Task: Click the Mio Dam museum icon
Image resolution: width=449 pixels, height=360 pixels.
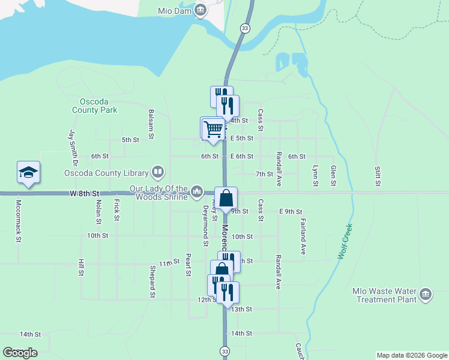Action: pos(200,10)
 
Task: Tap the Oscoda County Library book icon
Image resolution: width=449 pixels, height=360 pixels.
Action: pos(158,173)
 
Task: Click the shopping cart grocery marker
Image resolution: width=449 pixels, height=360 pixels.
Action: pos(212,128)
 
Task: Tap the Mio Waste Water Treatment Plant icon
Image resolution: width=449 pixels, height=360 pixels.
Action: pos(426,294)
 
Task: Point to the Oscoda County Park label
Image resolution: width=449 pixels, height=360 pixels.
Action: pos(95,106)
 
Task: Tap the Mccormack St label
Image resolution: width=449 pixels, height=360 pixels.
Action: pos(19,221)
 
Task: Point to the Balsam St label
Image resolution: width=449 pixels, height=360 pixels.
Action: pos(151,124)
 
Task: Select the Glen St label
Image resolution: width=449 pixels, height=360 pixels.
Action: pos(334,176)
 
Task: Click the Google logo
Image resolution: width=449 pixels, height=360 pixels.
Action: pos(20,352)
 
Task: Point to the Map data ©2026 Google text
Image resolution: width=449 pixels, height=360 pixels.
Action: pos(412,355)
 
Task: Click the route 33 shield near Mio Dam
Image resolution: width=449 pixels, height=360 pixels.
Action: pos(244,28)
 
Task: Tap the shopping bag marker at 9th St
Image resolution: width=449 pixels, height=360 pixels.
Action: pos(226,199)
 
